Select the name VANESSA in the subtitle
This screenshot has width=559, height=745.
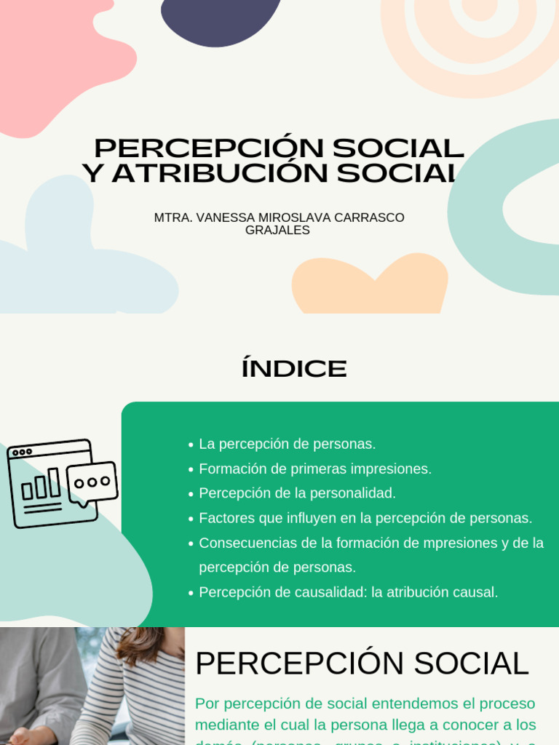coord(224,218)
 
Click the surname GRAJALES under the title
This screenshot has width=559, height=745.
coord(277,231)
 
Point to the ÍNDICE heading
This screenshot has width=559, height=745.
coord(294,369)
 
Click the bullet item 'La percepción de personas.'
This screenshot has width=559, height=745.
coord(287,444)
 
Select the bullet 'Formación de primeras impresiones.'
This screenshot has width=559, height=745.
coord(315,469)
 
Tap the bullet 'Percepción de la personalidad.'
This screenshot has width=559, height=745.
coord(297,493)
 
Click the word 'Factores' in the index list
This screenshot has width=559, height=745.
coord(225,518)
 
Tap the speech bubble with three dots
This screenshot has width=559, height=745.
coord(92,482)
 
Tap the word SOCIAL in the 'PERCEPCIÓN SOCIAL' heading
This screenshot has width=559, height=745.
coord(472,664)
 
